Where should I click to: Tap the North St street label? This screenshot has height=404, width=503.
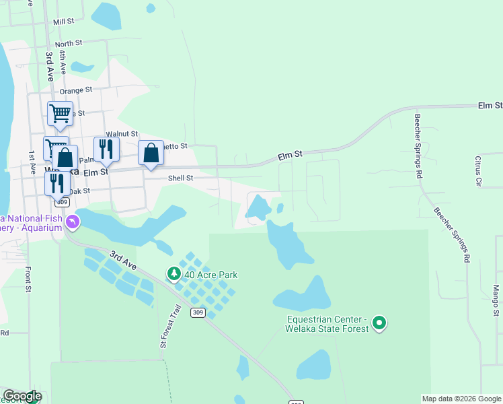click(69, 43)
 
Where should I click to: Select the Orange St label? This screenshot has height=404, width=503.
click(75, 91)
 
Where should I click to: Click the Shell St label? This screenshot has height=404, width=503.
click(180, 178)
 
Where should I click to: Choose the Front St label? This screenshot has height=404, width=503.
click(29, 279)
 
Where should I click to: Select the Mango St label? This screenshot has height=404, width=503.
click(496, 300)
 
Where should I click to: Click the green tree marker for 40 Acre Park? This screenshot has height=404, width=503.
click(174, 273)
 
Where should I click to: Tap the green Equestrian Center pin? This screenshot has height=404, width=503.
click(379, 323)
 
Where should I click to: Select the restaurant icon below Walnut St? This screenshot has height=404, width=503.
click(106, 149)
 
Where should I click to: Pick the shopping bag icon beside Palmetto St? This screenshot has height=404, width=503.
click(151, 153)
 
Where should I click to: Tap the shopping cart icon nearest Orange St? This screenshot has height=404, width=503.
click(60, 113)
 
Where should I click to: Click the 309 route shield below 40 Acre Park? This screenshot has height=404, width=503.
click(197, 312)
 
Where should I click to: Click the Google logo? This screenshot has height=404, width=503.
click(22, 396)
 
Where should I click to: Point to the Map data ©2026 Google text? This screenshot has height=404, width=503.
click(461, 399)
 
